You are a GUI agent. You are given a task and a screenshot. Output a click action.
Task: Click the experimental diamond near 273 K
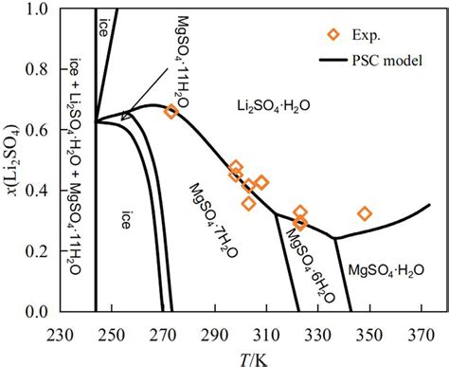(x=171, y=112)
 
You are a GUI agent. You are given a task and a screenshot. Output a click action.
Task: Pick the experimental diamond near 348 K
(x=365, y=213)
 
